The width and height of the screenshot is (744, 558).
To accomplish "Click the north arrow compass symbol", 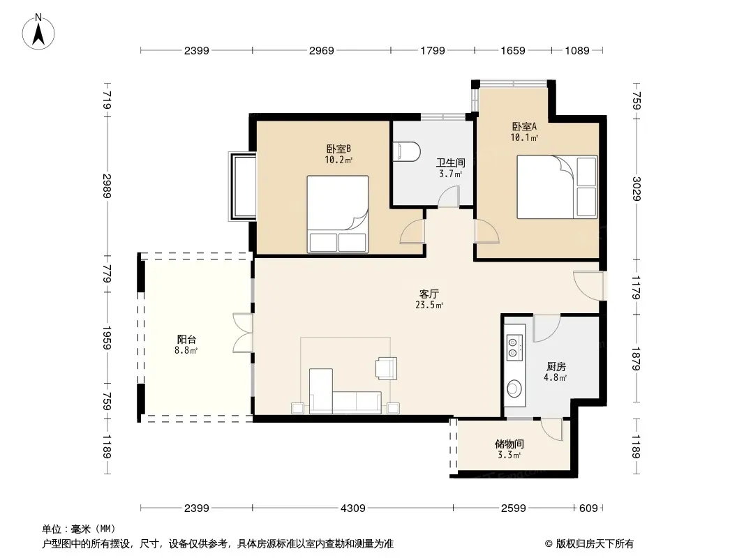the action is (x=38, y=32).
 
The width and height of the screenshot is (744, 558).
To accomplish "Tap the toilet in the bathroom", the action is (x=407, y=152).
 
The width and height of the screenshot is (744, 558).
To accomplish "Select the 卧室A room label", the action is (x=524, y=126).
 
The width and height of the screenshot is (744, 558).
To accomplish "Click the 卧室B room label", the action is (x=338, y=149).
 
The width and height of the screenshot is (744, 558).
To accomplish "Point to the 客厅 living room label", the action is (x=429, y=294).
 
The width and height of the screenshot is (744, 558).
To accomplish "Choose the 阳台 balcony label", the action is (x=186, y=340).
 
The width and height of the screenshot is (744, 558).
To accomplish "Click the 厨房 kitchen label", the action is (x=556, y=366).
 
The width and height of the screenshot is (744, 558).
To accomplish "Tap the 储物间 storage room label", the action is (x=509, y=444).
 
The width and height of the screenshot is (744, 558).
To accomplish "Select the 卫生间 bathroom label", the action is (x=450, y=163).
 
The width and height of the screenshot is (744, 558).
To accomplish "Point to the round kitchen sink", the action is (x=514, y=389).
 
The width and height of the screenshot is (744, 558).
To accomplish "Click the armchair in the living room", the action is (x=386, y=368).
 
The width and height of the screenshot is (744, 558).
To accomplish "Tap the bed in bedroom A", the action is (x=557, y=187).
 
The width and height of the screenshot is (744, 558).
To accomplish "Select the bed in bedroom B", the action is (x=338, y=214).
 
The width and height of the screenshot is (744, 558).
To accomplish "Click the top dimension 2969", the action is (x=321, y=50).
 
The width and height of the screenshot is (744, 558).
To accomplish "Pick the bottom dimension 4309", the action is (x=353, y=508).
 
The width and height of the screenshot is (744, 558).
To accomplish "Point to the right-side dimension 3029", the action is (x=637, y=189).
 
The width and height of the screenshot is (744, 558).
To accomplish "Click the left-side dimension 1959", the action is (x=107, y=338).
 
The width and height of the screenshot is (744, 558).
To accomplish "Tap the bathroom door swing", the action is (x=448, y=196).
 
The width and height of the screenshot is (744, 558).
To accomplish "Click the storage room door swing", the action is (x=552, y=430).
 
